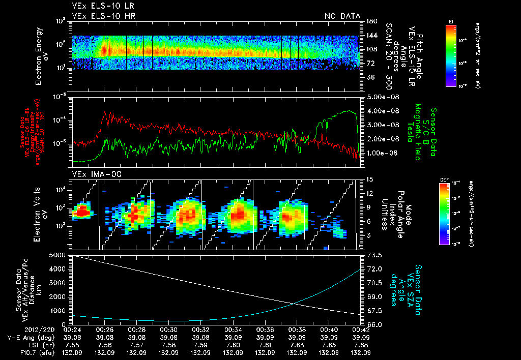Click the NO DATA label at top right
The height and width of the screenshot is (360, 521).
(342, 16)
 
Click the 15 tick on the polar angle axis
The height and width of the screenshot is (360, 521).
(368, 179)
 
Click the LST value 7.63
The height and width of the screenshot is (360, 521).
(297, 344)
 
